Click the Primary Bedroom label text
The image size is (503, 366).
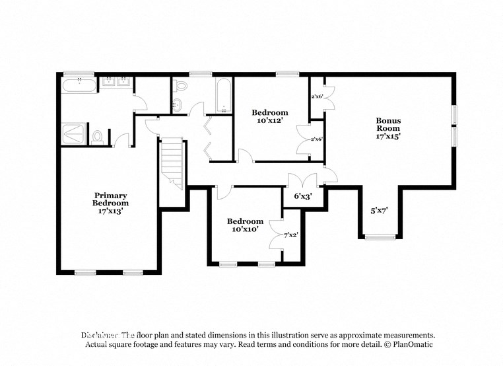(110, 199)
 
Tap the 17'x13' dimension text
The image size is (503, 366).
(110, 211)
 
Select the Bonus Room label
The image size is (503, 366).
(388, 125)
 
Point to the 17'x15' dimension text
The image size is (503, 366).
(388, 137)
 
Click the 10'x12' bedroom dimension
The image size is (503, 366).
(270, 121)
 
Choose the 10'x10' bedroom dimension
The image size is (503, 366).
(245, 230)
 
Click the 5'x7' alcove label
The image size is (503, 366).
(378, 211)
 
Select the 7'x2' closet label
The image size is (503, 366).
(290, 234)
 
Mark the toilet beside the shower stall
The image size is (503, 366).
(98, 136)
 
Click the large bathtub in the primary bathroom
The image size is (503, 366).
(79, 84)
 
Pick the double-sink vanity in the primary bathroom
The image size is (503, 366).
(117, 83)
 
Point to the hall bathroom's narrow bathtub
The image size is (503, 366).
(223, 96)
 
